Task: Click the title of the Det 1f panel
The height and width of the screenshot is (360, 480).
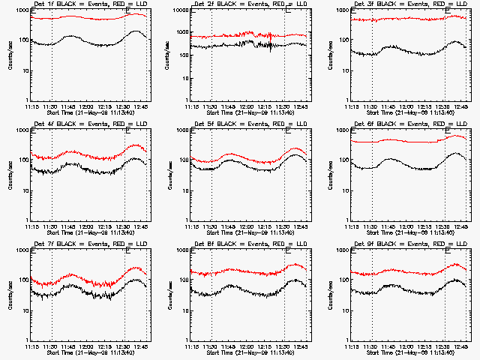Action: tap(87, 4)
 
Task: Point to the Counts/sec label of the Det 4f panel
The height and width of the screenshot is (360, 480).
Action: tap(10, 174)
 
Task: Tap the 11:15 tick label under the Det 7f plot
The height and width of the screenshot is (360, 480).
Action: tap(32, 347)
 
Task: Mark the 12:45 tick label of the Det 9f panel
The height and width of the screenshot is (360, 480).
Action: tap(460, 347)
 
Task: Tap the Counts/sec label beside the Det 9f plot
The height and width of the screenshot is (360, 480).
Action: tap(331, 294)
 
